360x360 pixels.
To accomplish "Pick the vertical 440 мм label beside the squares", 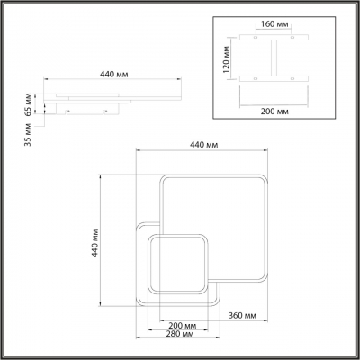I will point(95,242).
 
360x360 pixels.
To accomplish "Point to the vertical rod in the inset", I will point(271,60).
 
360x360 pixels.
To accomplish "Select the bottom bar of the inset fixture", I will point(271,81).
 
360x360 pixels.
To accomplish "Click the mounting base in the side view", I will point(87,112).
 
